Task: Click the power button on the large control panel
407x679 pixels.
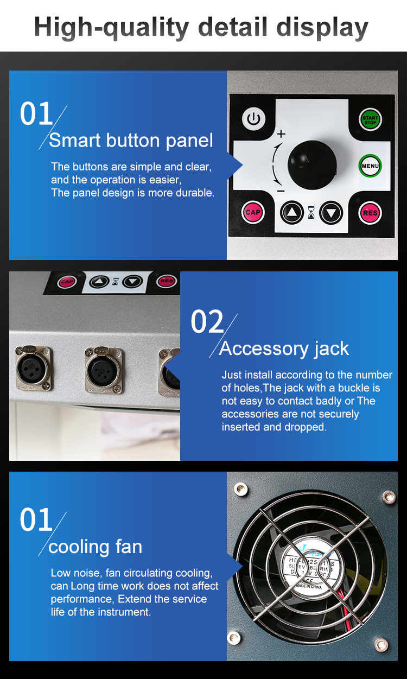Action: tap(253, 118)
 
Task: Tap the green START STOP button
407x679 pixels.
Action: tap(370, 118)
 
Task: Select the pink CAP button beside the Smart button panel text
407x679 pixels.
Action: tap(253, 212)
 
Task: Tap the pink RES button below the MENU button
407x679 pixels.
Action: tap(370, 213)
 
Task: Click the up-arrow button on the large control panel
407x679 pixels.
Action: tap(292, 213)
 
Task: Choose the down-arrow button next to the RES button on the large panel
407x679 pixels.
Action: tap(331, 213)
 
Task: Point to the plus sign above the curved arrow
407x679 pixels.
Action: tap(281, 134)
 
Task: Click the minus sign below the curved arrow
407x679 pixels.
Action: tap(281, 191)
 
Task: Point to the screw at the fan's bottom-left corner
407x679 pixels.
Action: tap(234, 637)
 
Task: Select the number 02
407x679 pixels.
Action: tap(207, 322)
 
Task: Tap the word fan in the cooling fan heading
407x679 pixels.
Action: tap(128, 547)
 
